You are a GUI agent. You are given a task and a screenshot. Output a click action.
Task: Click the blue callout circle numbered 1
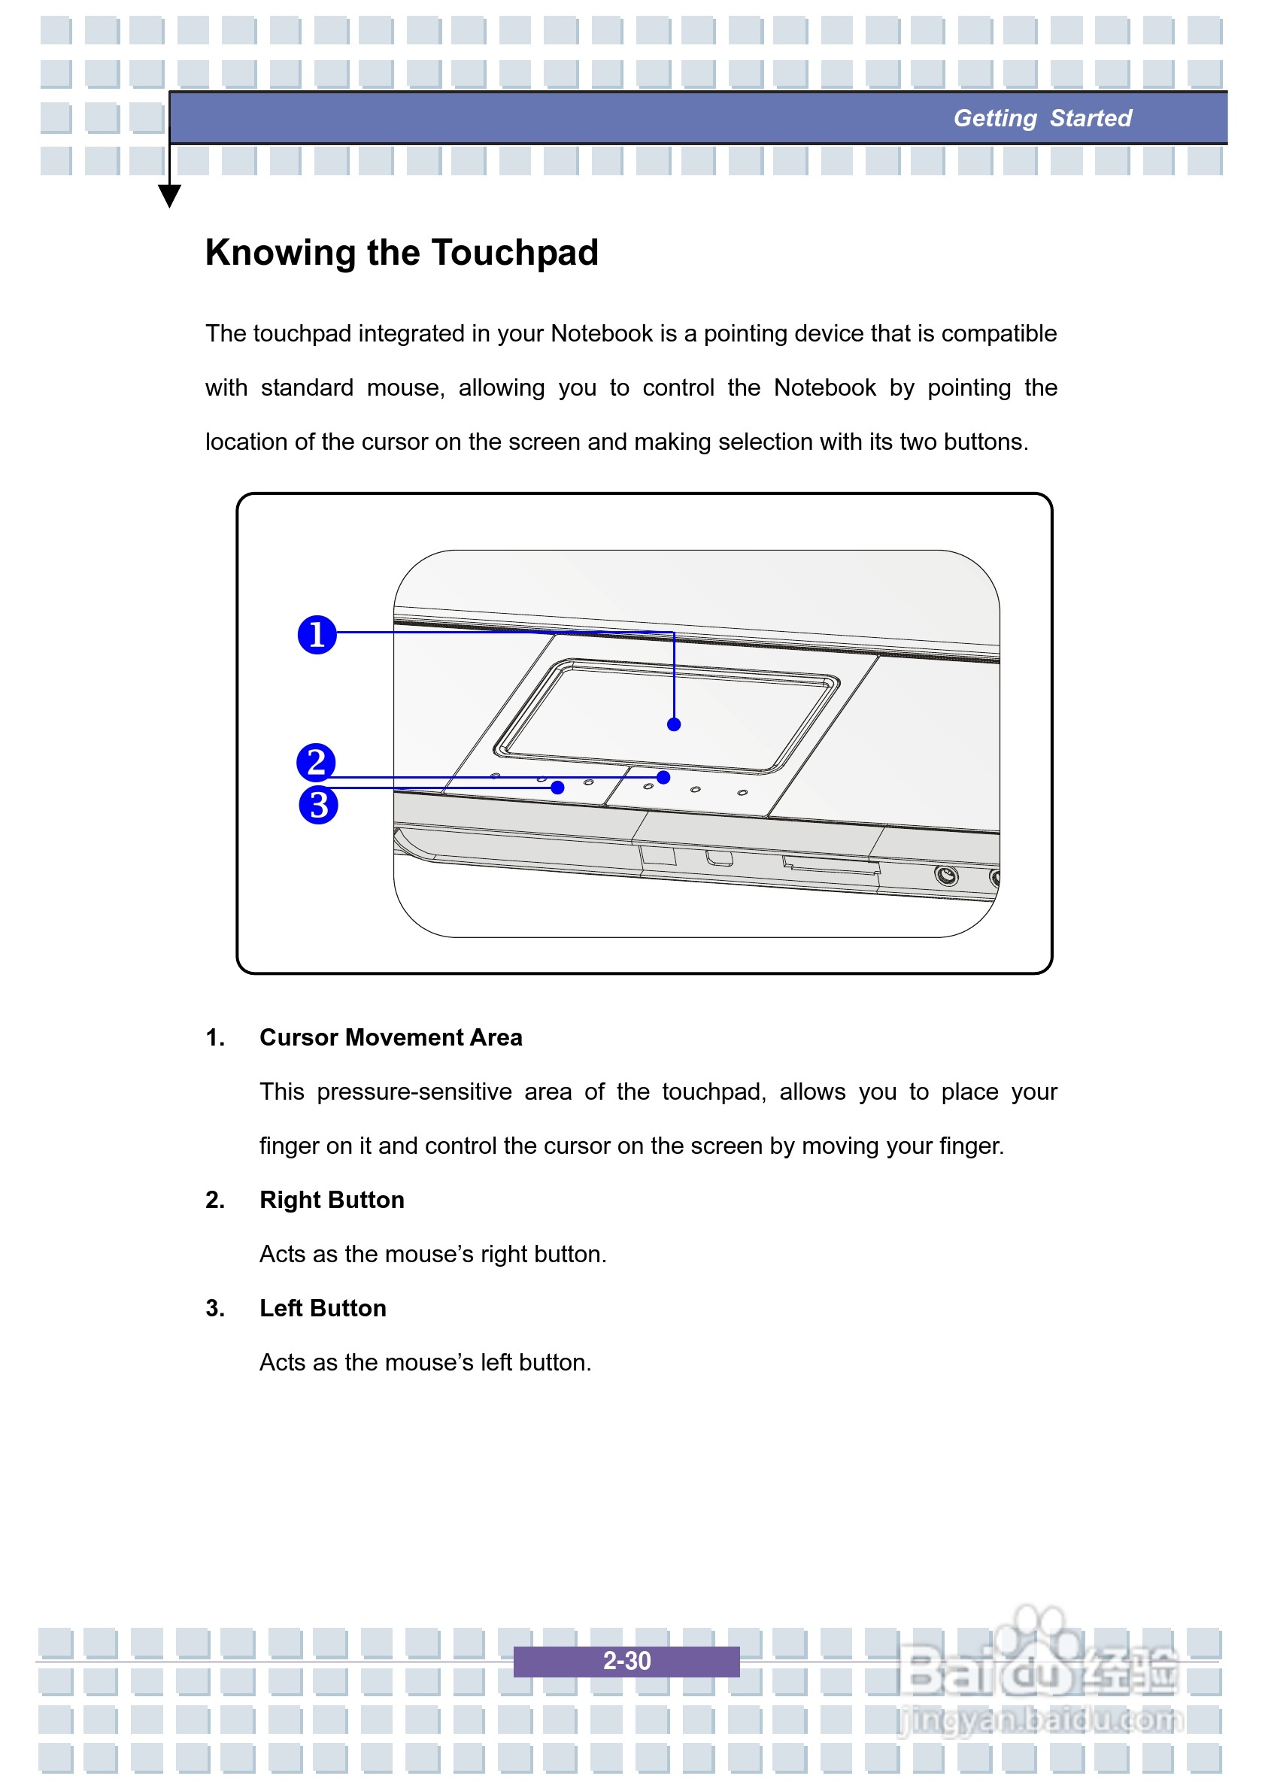point(317,634)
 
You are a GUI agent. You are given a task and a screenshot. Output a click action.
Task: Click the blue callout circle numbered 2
point(316,762)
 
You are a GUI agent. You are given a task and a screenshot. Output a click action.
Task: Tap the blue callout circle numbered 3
point(318,805)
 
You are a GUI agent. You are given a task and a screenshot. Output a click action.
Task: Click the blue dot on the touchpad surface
point(674,724)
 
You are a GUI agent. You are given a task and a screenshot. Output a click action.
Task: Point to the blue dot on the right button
point(663,777)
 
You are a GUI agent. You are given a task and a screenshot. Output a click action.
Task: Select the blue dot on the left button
point(557,788)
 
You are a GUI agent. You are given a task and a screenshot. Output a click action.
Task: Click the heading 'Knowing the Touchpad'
point(402,253)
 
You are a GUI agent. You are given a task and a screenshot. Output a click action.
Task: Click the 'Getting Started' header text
point(1042,118)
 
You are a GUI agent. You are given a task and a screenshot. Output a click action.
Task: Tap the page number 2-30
point(626,1661)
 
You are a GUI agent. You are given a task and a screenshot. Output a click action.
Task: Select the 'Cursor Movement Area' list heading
point(391,1037)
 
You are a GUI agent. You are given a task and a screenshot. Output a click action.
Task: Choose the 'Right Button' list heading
point(332,1200)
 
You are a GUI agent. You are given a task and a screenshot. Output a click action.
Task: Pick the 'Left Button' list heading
point(323,1308)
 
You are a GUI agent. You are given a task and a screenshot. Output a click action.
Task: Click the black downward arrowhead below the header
point(169,195)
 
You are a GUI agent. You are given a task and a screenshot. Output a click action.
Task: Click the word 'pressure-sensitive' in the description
point(414,1091)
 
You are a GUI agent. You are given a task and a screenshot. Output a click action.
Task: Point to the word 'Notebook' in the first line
point(602,333)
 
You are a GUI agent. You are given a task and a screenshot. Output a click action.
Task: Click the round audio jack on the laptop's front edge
point(946,876)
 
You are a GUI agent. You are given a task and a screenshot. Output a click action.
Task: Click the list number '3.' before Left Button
point(215,1308)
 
